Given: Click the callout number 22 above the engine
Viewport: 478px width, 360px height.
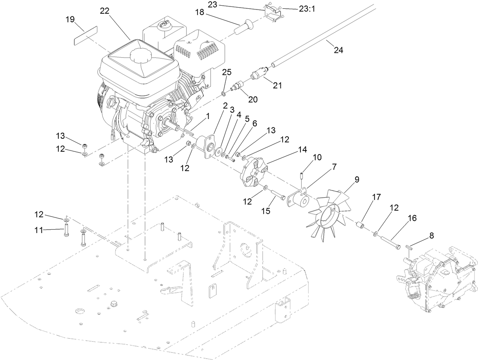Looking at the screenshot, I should (x=104, y=11).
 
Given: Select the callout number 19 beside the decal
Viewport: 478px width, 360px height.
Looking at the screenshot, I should (x=70, y=19).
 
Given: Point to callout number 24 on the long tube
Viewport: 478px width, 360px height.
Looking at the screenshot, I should (x=338, y=49).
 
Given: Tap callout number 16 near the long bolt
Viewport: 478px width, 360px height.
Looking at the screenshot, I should (x=412, y=218).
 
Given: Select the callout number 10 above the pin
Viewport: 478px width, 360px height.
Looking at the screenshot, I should (x=317, y=157).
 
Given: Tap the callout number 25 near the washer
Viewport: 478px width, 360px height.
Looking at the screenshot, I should (x=227, y=72).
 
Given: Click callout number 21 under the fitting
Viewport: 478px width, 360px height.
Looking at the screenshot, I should (x=277, y=85).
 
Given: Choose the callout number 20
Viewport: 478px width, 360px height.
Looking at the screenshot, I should (x=253, y=99).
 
